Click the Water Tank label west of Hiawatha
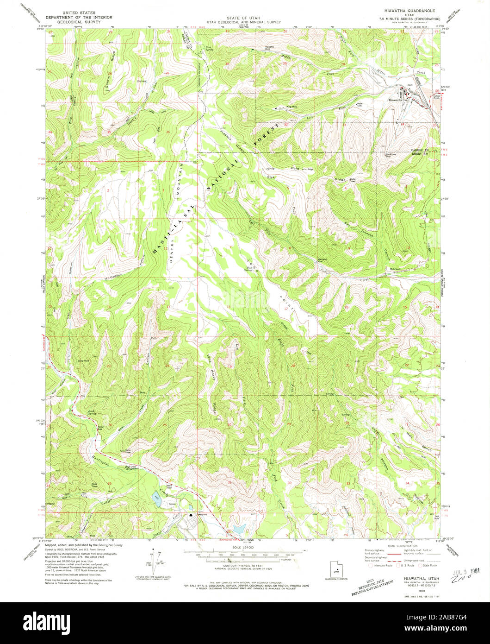(x=359, y=104)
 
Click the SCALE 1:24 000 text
(x=242, y=547)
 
